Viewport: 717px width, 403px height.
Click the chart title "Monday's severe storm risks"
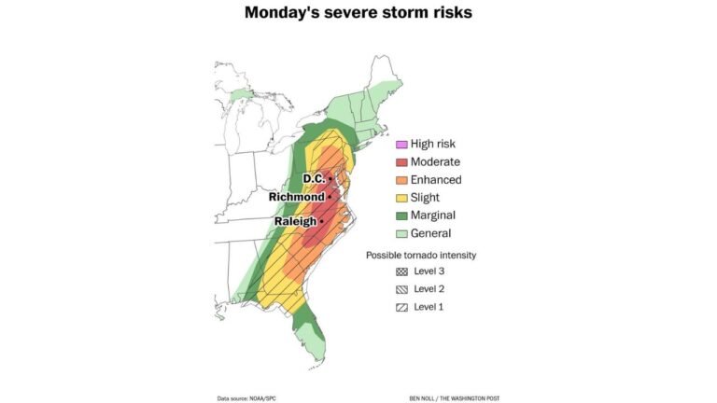point(358,13)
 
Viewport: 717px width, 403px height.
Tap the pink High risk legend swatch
point(401,144)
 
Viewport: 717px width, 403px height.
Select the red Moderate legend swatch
point(401,161)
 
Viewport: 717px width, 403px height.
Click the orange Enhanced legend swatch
point(401,179)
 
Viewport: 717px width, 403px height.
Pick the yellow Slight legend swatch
point(401,198)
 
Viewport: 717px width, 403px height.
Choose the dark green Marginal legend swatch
point(401,215)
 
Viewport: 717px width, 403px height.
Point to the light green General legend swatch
point(401,233)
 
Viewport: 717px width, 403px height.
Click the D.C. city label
point(313,178)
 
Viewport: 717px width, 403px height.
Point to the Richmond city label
point(296,198)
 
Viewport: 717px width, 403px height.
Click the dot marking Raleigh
point(321,222)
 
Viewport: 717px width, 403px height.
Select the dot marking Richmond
point(330,198)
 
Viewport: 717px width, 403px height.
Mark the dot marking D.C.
point(330,178)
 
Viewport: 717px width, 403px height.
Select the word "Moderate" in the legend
point(435,161)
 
